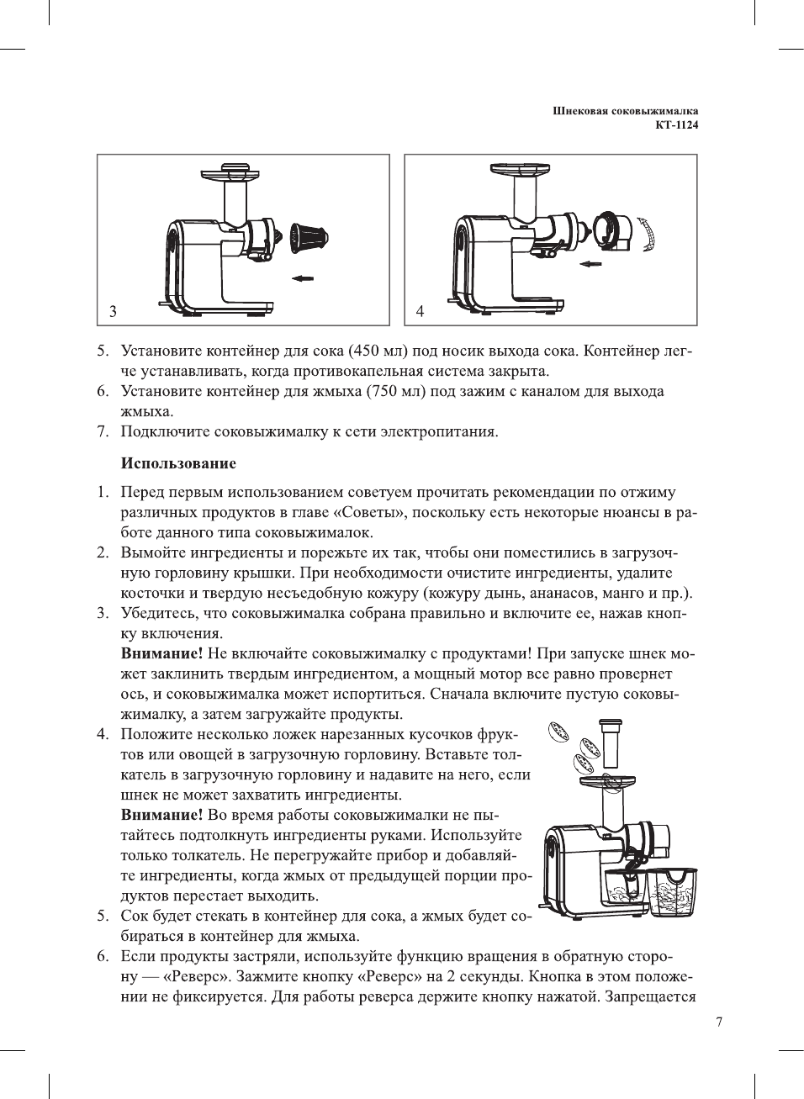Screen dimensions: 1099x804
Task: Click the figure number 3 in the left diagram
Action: click(x=113, y=311)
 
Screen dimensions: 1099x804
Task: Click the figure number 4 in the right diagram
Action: click(x=420, y=311)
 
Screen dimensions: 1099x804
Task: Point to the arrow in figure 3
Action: click(x=304, y=277)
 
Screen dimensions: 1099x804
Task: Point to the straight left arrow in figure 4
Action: click(x=591, y=263)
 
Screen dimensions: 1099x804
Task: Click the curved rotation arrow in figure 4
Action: click(x=646, y=233)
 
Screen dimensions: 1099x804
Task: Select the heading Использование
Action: click(x=178, y=463)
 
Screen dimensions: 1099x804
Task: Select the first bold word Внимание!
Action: click(x=161, y=653)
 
